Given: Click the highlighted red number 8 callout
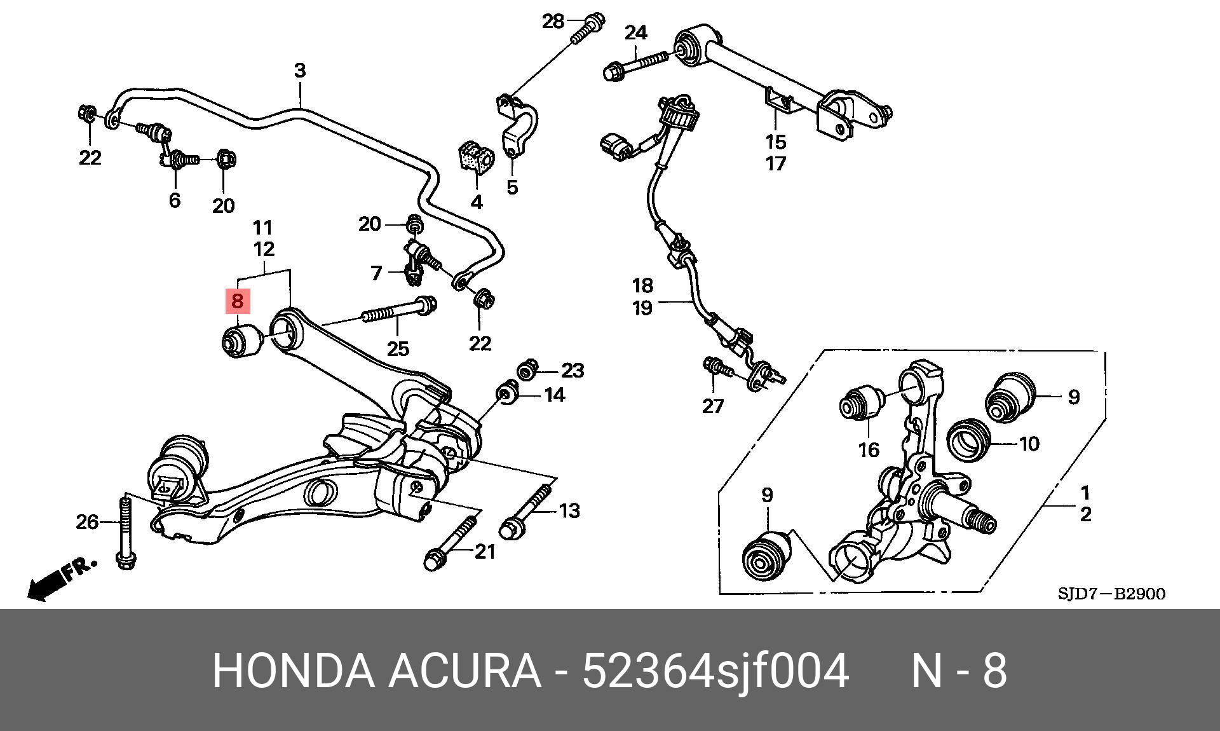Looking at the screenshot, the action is (x=237, y=301).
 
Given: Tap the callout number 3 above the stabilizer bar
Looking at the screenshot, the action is (x=300, y=70).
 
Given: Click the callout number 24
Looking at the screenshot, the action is (x=635, y=32).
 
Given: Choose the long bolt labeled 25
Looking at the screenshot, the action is (x=398, y=309).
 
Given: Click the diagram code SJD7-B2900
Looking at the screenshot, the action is (x=1111, y=594).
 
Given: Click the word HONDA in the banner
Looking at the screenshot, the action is (x=293, y=671).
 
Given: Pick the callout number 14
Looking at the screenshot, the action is (x=554, y=395).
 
